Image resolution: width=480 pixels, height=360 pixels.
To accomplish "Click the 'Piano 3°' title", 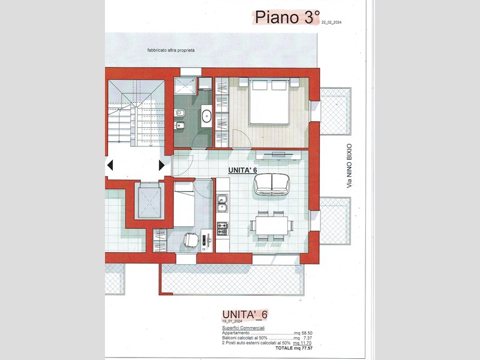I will tap(286, 17).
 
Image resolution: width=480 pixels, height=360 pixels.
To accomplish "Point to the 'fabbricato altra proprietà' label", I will tap(171, 51).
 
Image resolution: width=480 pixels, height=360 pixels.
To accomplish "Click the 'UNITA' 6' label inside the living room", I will tap(243, 170).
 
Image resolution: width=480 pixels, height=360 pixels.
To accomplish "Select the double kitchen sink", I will tap(222, 208).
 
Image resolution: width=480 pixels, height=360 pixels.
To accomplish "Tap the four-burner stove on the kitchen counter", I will tap(222, 229).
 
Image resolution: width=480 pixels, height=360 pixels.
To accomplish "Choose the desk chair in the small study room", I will tap(191, 239).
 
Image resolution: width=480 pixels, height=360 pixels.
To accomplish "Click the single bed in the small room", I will tap(184, 203).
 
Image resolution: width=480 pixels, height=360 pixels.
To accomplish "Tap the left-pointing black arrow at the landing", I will tap(110, 164).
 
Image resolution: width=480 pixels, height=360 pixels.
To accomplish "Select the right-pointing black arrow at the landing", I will tap(161, 164).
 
